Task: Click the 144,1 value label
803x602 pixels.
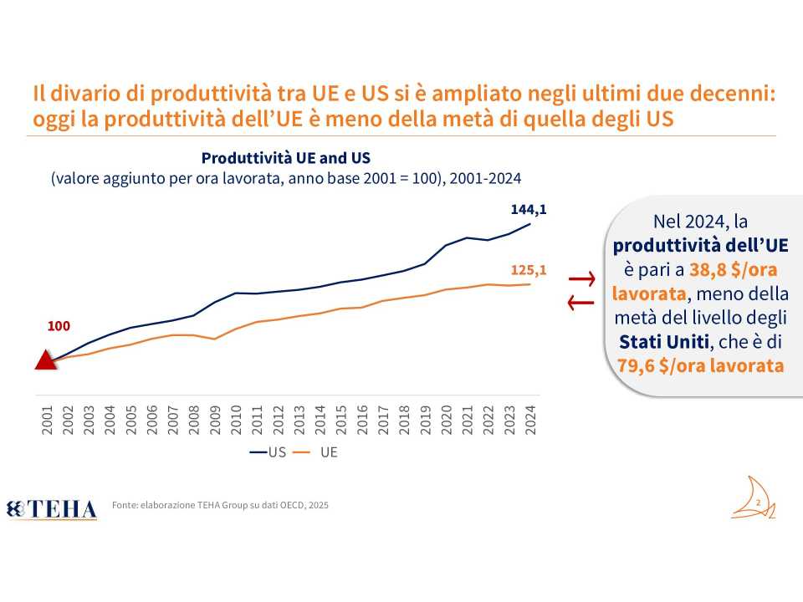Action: (x=528, y=210)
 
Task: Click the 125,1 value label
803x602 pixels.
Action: (x=528, y=270)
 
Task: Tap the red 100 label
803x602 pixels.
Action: (x=59, y=326)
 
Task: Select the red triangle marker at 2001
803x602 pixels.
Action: (x=44, y=360)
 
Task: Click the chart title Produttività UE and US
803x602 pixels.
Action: (x=285, y=158)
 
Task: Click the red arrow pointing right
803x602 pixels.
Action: (x=581, y=278)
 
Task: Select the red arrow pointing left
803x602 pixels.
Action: (x=581, y=303)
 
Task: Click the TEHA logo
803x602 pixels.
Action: (x=52, y=508)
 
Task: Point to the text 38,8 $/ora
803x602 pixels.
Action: (x=723, y=270)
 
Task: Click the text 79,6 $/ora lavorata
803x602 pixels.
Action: (x=701, y=365)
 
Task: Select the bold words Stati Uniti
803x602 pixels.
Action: (x=661, y=342)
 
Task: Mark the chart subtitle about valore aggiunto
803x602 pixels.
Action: (x=286, y=179)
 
